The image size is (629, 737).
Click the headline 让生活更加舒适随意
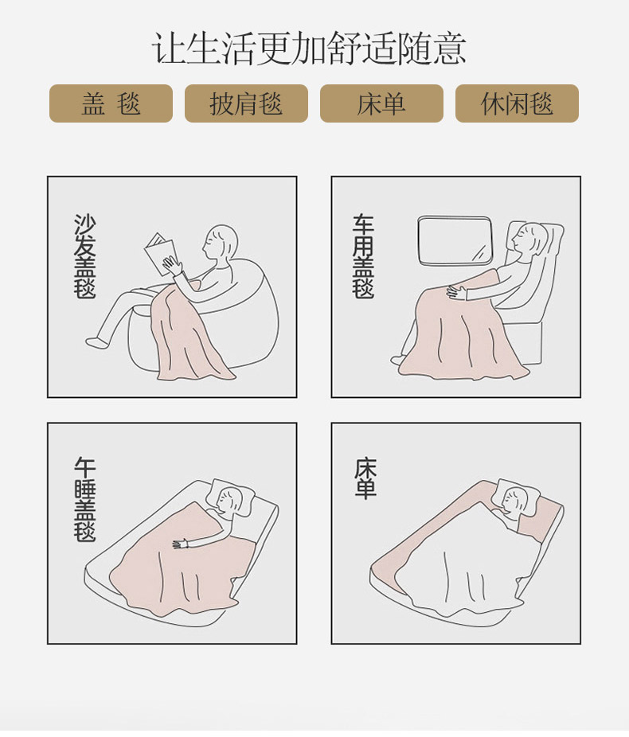coord(309,49)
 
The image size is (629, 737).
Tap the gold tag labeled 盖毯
coord(111,103)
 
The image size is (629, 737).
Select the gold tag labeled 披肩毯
coord(246,103)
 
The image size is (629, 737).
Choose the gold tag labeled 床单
coord(381,103)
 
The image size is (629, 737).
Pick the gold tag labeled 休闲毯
coord(517,103)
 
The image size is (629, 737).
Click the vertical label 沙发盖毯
coord(85,256)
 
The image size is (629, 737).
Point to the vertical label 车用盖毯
coord(363,256)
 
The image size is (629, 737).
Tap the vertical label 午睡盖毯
coord(85,499)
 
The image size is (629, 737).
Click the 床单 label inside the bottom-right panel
coord(365,478)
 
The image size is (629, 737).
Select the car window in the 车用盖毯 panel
coord(455,240)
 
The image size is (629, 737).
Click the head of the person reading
coord(220,243)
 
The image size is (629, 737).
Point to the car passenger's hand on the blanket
coord(456,292)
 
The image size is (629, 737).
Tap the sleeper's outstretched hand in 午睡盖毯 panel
coord(181,544)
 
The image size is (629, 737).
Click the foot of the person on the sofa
coord(97,342)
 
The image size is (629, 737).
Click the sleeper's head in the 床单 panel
coord(514,501)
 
